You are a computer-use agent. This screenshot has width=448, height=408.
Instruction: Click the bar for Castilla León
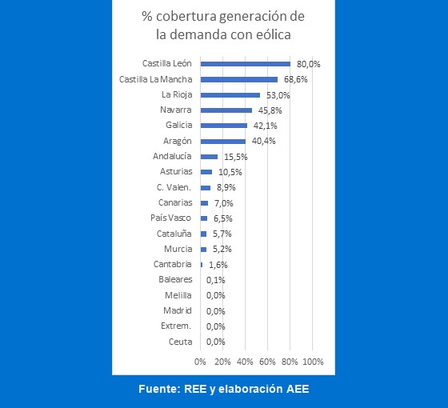[246, 64]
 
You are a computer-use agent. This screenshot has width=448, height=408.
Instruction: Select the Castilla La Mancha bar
[239, 79]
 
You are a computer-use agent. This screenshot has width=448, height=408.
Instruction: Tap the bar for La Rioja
[230, 95]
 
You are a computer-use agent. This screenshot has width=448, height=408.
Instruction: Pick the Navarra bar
[226, 110]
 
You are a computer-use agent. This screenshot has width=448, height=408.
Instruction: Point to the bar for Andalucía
[209, 157]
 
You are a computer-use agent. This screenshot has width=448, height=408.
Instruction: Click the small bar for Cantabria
[202, 265]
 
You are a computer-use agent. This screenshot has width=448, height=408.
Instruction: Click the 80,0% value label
[308, 64]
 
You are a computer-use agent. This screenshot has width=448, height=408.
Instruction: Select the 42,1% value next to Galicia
[265, 126]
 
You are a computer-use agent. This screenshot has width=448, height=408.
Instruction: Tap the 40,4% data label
[263, 141]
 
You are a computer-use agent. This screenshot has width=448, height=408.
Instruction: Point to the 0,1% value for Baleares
[216, 280]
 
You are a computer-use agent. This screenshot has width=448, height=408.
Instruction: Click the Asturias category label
[176, 171]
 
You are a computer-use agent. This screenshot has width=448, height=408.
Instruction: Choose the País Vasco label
[170, 218]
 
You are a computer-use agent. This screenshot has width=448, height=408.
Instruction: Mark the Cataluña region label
[174, 234]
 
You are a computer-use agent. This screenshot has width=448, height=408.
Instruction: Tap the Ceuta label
[180, 342]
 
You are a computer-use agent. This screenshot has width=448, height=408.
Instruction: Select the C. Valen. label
[174, 187]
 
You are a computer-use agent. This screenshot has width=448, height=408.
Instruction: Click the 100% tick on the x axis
[313, 362]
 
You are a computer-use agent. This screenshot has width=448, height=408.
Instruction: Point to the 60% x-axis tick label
[267, 362]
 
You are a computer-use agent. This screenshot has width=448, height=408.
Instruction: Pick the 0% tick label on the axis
[200, 362]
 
